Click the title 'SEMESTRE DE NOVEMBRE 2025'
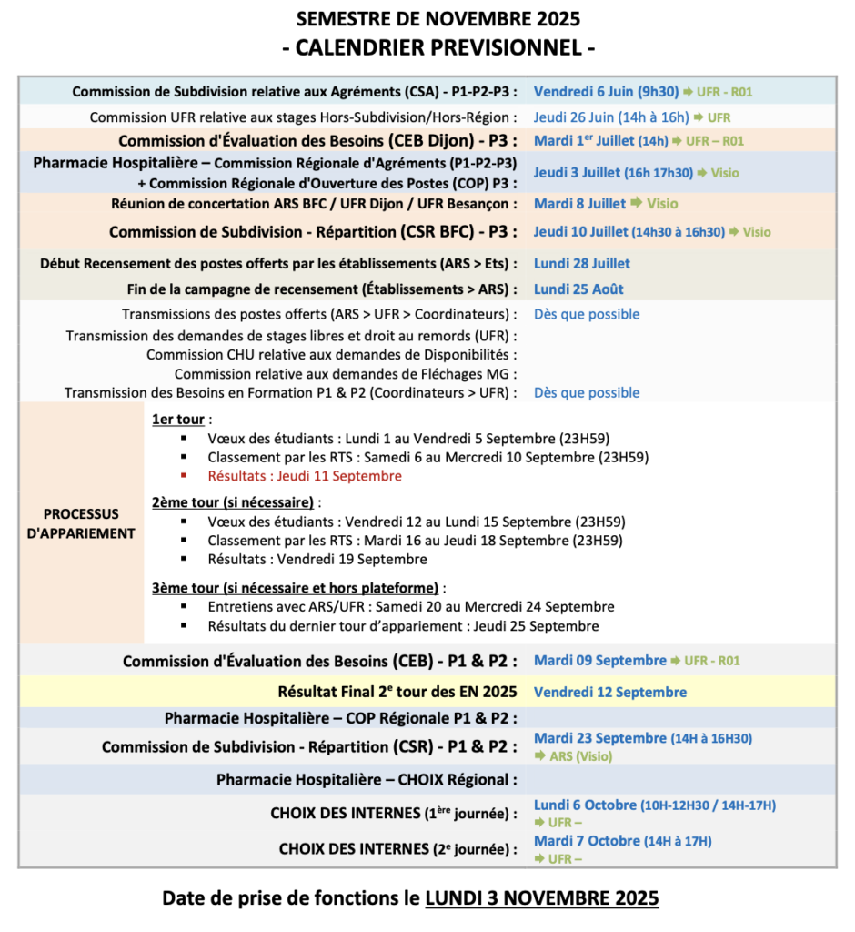438,19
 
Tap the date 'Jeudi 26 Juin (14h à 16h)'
612,117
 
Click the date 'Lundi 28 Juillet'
582,264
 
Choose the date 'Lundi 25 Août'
578,289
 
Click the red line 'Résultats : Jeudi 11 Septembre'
304,476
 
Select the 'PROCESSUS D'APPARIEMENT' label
81,524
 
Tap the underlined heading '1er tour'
178,420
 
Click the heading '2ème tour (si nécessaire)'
234,502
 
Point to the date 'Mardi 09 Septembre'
599,661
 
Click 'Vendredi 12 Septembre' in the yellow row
609,693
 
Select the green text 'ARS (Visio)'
580,756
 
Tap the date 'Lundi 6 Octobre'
586,805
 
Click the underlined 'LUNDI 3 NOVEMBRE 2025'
541,899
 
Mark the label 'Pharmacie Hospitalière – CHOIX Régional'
367,780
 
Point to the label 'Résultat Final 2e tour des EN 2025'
397,693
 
